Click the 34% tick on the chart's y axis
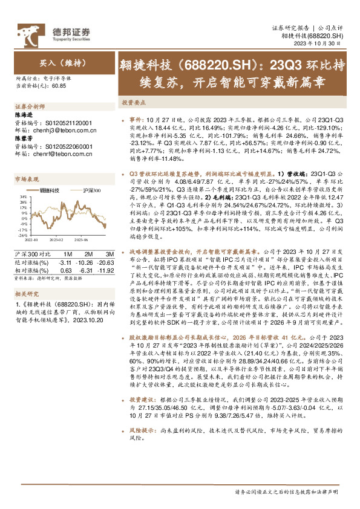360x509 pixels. pyautogui.click(x=22, y=196)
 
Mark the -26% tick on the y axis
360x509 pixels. pyautogui.click(x=22, y=236)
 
